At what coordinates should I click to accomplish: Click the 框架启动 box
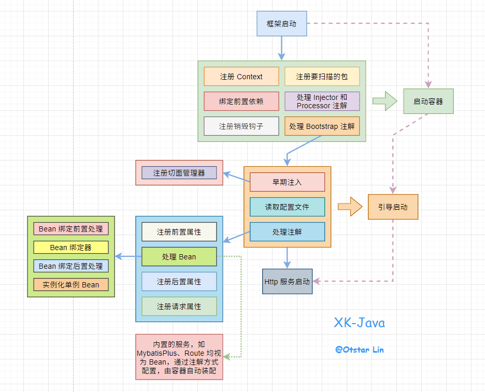(x=282, y=23)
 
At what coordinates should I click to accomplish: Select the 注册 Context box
(x=241, y=77)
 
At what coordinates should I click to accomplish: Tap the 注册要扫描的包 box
(x=322, y=77)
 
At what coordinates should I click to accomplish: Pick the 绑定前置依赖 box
(x=241, y=101)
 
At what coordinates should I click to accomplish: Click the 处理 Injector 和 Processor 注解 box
(x=322, y=101)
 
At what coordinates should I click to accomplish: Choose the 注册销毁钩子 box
(x=241, y=126)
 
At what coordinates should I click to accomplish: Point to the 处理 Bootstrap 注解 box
(x=322, y=126)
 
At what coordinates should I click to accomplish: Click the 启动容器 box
(x=429, y=101)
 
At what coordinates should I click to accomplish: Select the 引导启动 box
(x=393, y=207)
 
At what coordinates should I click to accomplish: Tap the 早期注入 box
(x=287, y=182)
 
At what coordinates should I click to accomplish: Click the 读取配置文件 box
(x=287, y=207)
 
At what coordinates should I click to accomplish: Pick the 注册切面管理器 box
(x=179, y=173)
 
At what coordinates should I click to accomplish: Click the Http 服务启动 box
(x=287, y=282)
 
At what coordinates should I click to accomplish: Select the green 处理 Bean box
(x=179, y=257)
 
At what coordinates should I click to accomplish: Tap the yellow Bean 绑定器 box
(x=71, y=248)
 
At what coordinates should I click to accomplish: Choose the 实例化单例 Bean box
(x=71, y=285)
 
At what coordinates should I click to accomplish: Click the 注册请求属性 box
(x=179, y=307)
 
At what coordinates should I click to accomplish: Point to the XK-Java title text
(x=360, y=323)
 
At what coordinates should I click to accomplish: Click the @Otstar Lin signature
(x=360, y=350)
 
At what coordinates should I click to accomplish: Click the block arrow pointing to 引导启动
(x=350, y=207)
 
